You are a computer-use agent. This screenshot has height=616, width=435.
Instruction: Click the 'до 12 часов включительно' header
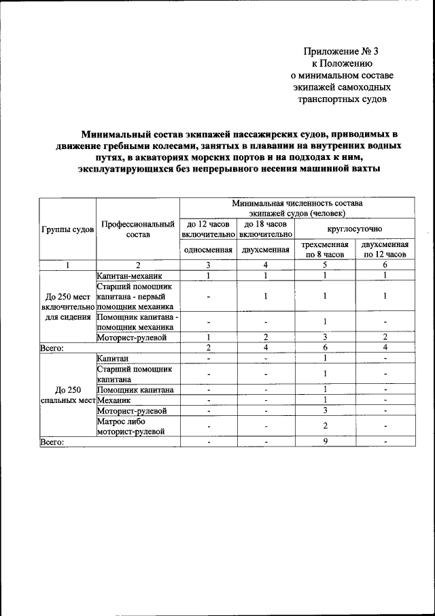pos(208,229)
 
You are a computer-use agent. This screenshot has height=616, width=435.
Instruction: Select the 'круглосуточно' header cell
pos(354,229)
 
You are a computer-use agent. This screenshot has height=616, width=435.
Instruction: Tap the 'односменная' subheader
pos(208,250)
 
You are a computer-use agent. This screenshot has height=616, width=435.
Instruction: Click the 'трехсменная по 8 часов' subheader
pos(326,250)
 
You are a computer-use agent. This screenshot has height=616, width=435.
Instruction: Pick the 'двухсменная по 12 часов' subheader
pos(385,250)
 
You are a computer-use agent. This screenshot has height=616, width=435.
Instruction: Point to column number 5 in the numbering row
pos(326,265)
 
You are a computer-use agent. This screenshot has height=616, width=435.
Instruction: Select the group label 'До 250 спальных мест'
pos(67,395)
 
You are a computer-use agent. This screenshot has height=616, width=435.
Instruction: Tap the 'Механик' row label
pos(114,400)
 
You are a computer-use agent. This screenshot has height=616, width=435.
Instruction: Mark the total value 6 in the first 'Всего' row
pos(326,348)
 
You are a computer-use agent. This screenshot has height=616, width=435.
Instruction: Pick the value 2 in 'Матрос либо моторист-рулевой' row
pos(326,426)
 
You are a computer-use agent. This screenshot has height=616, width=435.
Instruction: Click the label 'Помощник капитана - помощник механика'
pos(137,322)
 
